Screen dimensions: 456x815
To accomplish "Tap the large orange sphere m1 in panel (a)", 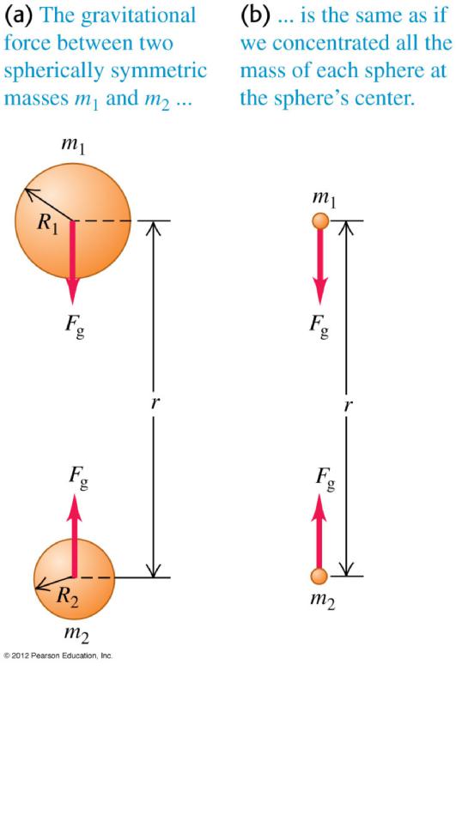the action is click(x=72, y=220).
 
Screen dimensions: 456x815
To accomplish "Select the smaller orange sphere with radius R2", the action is click(x=73, y=578).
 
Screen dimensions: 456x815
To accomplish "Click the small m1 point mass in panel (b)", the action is click(x=319, y=221).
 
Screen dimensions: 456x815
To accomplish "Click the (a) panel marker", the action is click(x=18, y=15).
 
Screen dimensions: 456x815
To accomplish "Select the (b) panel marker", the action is click(x=253, y=15).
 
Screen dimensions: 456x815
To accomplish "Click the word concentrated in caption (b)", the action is click(x=323, y=43).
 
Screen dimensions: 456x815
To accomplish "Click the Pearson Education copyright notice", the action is click(x=58, y=656).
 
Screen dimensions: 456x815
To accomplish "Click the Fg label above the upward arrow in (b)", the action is click(x=323, y=480).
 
